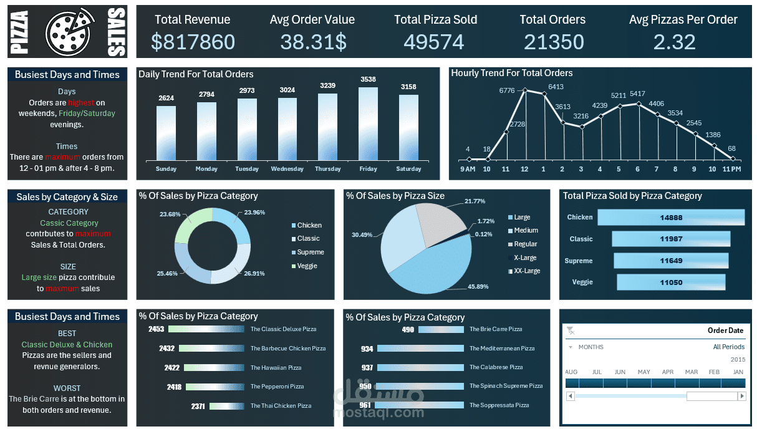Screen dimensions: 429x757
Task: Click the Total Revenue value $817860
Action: click(193, 42)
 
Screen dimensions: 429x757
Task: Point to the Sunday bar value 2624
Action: click(166, 98)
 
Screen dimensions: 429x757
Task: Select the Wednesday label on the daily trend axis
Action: click(287, 169)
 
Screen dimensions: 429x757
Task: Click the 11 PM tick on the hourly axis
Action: click(731, 169)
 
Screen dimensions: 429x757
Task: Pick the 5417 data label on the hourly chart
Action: click(637, 94)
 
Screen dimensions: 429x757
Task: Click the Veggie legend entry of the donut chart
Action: click(307, 266)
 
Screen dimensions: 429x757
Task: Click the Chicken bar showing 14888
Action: click(671, 218)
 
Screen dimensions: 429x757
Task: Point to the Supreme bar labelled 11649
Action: click(671, 261)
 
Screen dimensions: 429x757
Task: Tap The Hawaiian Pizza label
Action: click(276, 368)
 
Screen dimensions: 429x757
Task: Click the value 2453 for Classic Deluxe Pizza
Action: click(156, 329)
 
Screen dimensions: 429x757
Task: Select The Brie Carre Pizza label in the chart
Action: click(496, 329)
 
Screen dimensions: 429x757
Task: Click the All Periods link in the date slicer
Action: click(729, 347)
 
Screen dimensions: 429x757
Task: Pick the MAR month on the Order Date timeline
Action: click(691, 372)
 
